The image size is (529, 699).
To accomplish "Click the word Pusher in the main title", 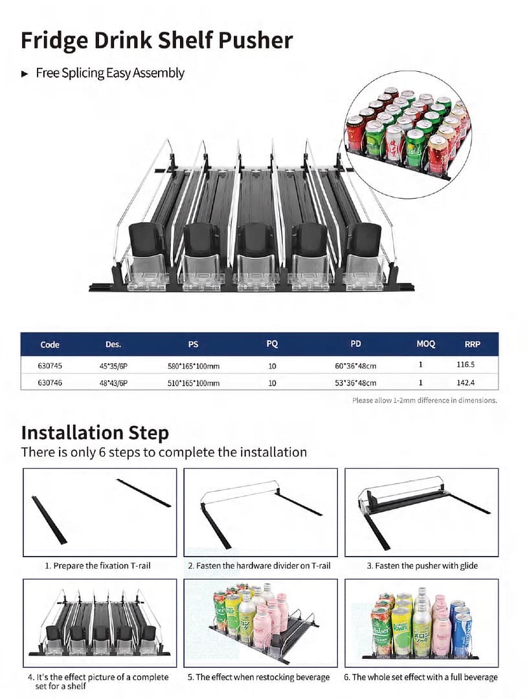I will (253, 40).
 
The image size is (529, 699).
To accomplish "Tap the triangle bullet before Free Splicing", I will (25, 74).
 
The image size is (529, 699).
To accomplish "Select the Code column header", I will (50, 344).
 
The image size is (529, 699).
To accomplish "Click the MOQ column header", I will (425, 344).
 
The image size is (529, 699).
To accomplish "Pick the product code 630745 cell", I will (50, 366).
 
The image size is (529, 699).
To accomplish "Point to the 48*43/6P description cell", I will (113, 383).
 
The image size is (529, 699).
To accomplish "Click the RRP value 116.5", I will (466, 366).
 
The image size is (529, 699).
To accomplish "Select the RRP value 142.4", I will (466, 383).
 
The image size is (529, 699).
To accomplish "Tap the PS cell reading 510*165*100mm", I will (194, 383).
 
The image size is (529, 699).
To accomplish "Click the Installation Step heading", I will (95, 432).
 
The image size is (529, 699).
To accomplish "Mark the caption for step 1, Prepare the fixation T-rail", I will (98, 566).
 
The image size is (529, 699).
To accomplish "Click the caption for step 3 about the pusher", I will (422, 566).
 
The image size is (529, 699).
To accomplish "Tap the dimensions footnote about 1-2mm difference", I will (424, 401).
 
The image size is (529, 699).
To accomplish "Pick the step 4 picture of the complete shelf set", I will (99, 622).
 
